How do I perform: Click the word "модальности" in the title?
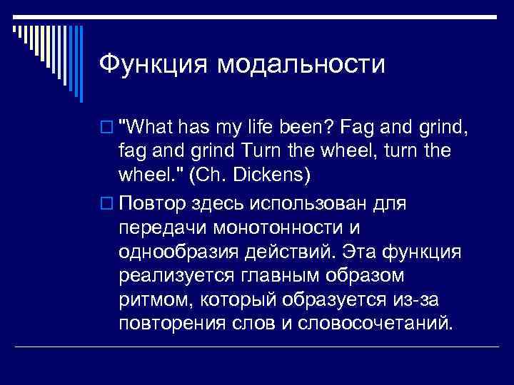pyautogui.click(x=301, y=66)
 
